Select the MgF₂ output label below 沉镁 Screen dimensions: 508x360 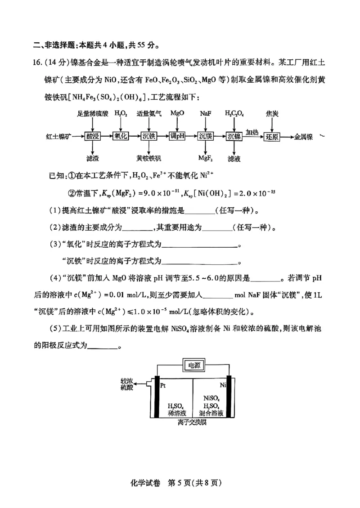[x=206, y=158]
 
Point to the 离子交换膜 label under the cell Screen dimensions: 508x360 [x=192, y=424]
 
